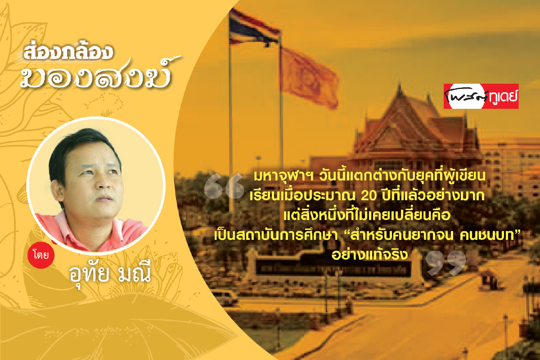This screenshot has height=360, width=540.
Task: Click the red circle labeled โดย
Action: pos(41,255)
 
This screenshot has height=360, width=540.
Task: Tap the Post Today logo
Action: pos(481,96)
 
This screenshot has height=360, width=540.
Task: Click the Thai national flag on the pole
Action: pos(253,28)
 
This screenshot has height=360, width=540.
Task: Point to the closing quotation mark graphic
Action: pos(445,263)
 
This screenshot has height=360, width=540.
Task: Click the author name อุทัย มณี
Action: pos(110,273)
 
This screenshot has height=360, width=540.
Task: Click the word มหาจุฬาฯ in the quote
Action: pos(283,176)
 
